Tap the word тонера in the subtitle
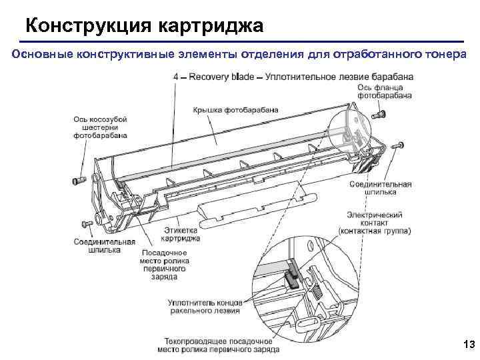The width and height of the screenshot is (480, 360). (439, 54)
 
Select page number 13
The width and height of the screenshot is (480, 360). (467, 345)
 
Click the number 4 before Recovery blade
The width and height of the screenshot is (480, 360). (176, 77)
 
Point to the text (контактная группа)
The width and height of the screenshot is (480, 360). (374, 231)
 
